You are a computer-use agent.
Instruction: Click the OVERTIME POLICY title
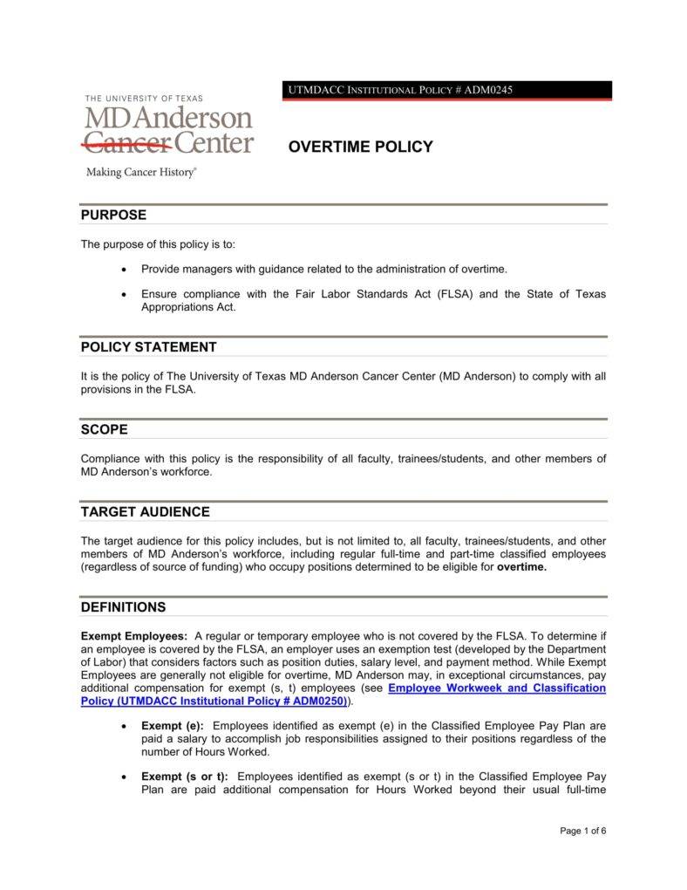[360, 147]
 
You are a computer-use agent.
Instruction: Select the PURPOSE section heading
[113, 215]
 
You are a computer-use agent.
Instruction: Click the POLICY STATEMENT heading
[148, 346]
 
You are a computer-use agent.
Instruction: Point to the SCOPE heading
[104, 429]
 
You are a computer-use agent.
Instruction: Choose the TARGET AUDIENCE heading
[145, 511]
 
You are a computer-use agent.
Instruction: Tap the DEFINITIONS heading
[123, 606]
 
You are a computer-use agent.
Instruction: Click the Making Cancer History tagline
[141, 173]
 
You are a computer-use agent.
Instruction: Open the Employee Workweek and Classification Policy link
[496, 688]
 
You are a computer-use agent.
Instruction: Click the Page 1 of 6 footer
[582, 831]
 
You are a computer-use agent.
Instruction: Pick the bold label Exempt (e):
[173, 726]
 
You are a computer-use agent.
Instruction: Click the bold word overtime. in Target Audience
[521, 566]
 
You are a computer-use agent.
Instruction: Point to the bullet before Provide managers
[127, 270]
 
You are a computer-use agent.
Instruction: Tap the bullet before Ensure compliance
[127, 294]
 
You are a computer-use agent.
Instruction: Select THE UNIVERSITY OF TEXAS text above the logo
[143, 99]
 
